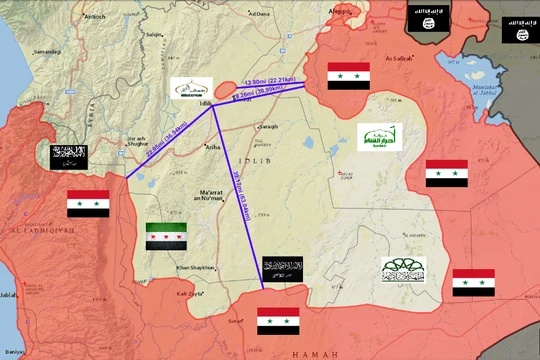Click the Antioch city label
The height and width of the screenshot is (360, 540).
click(x=94, y=16)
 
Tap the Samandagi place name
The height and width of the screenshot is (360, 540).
click(x=46, y=51)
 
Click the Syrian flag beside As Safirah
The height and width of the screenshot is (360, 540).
click(x=348, y=76)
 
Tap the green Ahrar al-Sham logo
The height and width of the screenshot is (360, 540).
click(x=378, y=137)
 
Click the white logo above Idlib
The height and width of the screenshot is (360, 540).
click(x=191, y=90)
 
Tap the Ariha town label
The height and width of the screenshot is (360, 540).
click(x=212, y=147)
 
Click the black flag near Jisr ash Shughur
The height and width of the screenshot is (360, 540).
click(x=69, y=155)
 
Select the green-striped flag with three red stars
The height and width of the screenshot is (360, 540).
click(x=166, y=236)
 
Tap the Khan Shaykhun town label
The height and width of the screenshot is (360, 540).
click(x=196, y=267)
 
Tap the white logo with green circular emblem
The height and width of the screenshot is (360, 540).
click(x=403, y=269)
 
